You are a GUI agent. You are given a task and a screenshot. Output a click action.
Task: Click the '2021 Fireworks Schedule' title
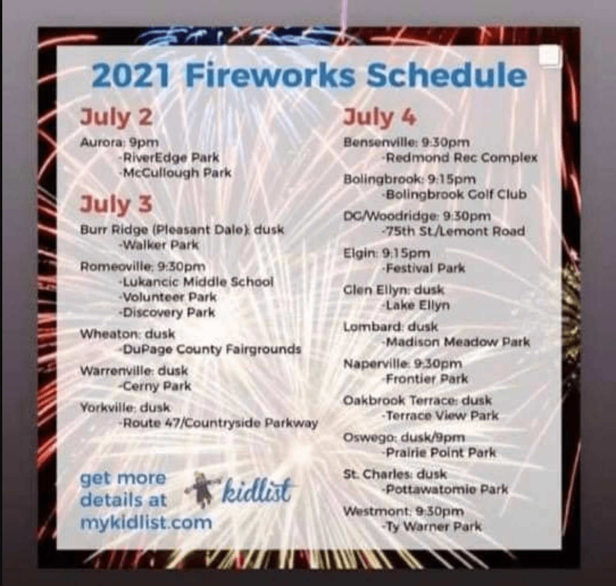(309, 76)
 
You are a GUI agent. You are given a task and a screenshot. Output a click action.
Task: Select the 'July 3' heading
(116, 204)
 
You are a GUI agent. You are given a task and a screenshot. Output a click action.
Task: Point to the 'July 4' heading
(380, 118)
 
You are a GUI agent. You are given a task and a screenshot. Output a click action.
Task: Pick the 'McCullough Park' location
(174, 172)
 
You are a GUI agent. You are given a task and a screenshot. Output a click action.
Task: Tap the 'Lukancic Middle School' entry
(196, 282)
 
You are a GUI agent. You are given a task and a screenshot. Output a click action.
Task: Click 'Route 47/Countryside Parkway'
(217, 423)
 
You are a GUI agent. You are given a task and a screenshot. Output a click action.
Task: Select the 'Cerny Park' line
(155, 386)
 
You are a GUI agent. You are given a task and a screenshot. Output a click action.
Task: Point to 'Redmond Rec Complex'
(459, 157)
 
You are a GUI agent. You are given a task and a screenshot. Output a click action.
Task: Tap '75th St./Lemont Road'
(452, 231)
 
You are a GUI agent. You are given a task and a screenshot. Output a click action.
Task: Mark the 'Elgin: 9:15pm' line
(386, 253)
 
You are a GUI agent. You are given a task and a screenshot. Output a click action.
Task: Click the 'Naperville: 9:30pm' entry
(402, 363)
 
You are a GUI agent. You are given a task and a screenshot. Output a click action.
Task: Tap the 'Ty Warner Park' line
(431, 526)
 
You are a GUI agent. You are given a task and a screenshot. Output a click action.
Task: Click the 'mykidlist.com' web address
(145, 522)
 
